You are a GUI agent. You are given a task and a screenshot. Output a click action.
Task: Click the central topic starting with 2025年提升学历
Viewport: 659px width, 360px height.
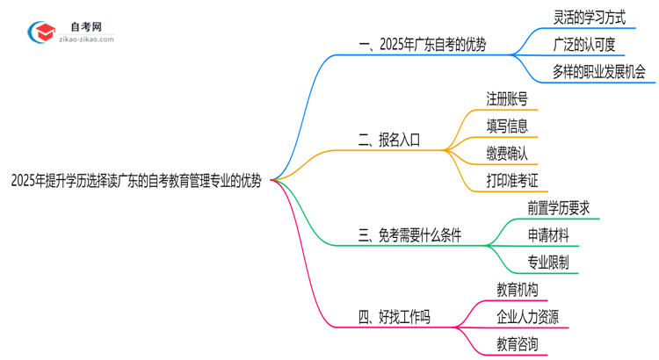point(136,182)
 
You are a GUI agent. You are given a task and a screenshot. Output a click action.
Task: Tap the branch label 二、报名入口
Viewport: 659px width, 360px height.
point(389,139)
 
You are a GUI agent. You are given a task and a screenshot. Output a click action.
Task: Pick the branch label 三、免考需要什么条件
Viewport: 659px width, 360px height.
point(409,234)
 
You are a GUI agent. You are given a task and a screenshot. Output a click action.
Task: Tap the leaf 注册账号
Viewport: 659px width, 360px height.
point(507,98)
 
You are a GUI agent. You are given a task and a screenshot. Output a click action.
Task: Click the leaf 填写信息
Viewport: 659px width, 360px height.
point(507,126)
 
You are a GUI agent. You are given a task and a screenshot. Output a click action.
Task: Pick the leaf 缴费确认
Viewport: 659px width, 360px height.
point(507,153)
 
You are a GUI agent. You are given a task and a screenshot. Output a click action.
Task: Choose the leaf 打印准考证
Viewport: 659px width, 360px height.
point(512,181)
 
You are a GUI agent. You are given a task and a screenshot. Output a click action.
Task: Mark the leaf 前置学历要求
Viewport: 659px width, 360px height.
point(559,207)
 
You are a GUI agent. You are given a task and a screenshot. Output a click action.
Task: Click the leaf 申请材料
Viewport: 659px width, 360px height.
point(548,234)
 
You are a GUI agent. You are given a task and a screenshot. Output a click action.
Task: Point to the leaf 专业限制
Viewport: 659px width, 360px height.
point(548,262)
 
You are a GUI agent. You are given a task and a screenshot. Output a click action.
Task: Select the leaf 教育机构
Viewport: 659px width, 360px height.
point(518,289)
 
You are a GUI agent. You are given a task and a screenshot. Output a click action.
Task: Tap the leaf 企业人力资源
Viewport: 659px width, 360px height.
point(527,316)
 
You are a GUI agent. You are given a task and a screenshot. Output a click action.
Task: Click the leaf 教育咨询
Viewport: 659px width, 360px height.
point(518,343)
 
